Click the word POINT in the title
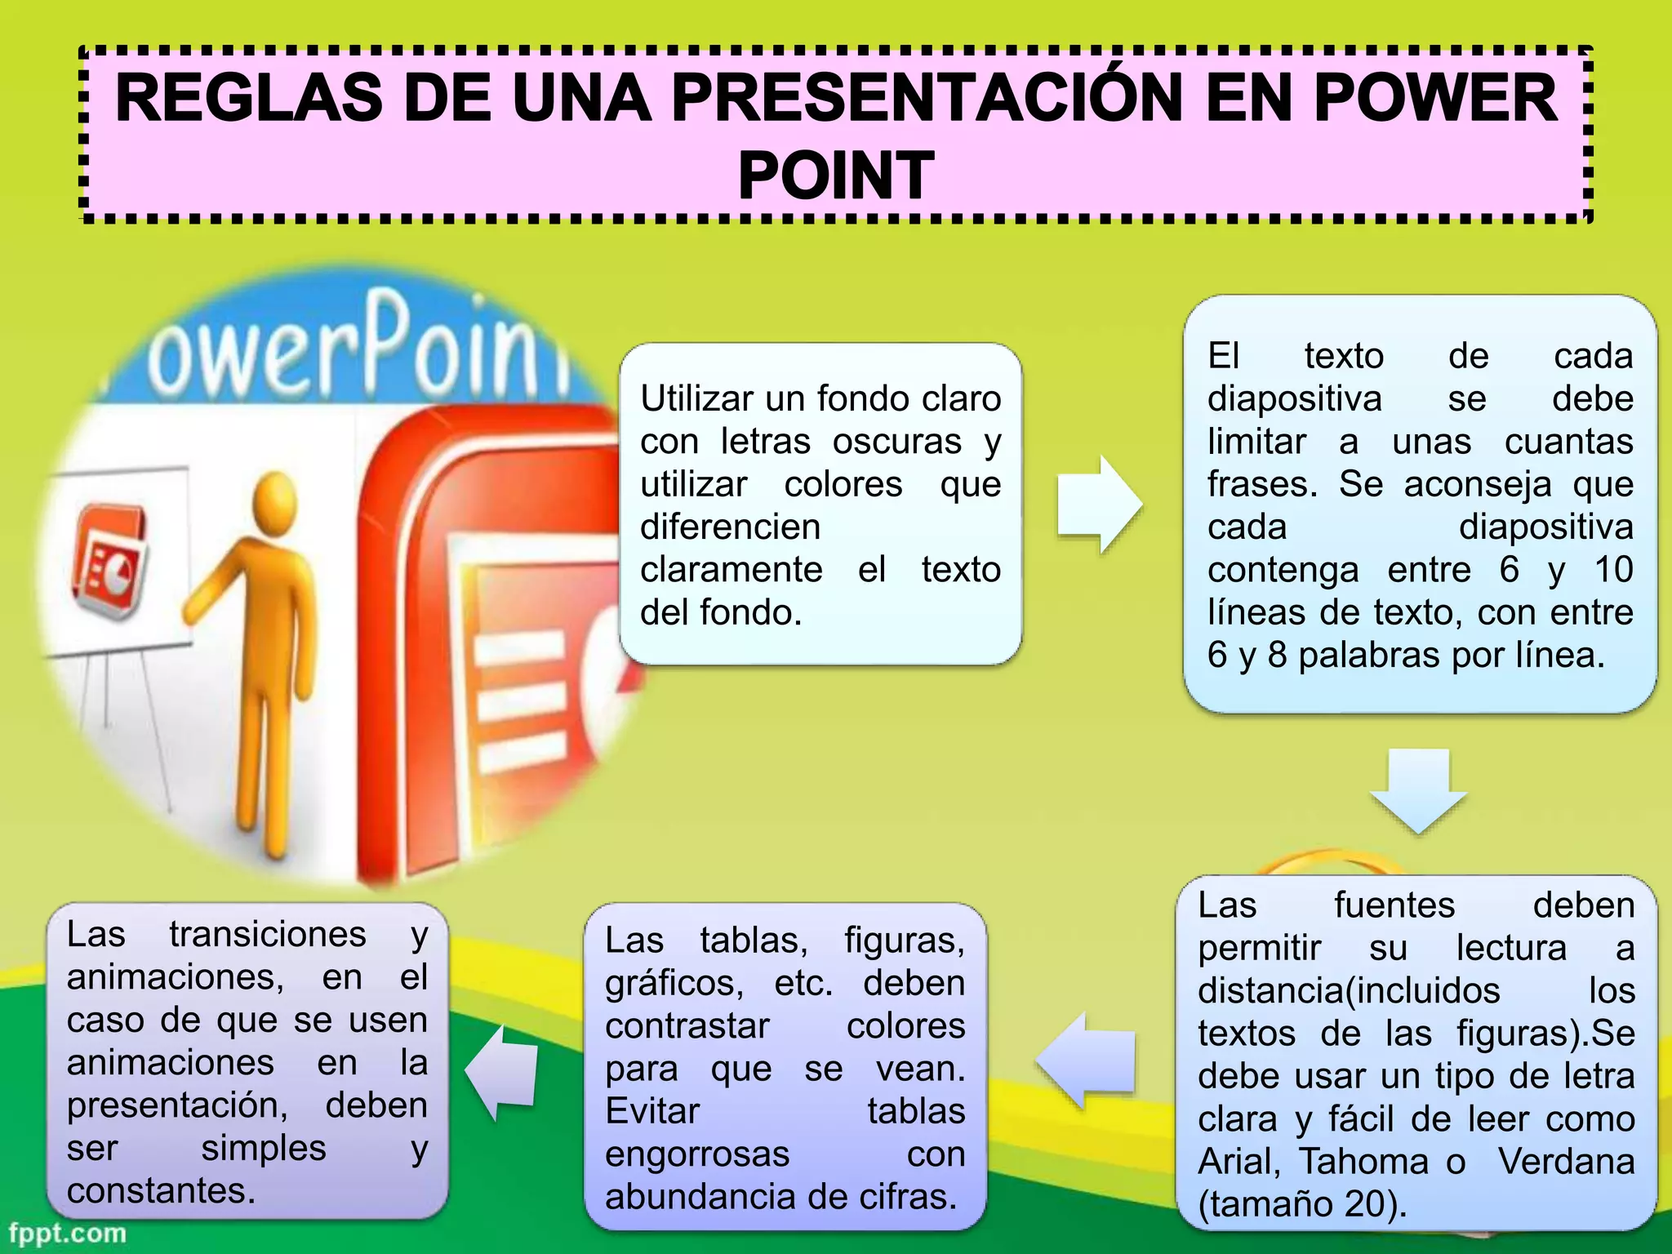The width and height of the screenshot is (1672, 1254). point(836,176)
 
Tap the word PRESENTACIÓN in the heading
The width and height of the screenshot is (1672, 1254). point(926,98)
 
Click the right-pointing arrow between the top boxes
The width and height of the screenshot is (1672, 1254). point(1099,504)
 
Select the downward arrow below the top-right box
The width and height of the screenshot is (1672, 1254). point(1418,789)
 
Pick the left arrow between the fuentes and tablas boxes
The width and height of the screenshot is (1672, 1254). point(1087,1061)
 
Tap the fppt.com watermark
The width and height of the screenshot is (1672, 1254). point(68,1233)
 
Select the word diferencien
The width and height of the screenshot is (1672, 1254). point(730,527)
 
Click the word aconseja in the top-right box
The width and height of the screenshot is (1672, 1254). point(1477,485)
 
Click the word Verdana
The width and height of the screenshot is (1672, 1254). point(1566,1162)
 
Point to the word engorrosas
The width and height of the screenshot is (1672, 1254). point(697,1154)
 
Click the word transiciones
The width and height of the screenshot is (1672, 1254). point(268,935)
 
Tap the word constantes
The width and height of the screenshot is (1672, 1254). point(161,1191)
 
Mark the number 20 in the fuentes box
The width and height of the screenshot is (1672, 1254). point(1366,1204)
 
